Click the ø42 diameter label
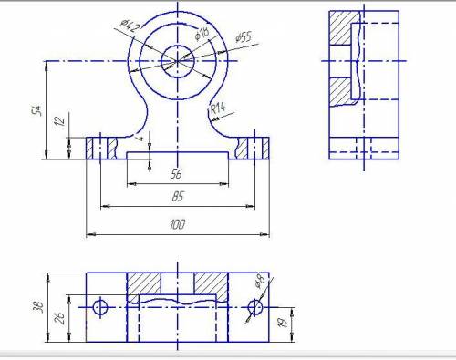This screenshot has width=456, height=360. click(130, 26)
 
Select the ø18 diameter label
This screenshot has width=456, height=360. click(202, 34)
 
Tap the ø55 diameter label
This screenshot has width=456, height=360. click(244, 37)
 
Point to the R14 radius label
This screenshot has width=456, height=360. click(218, 108)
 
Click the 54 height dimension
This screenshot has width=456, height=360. click(37, 110)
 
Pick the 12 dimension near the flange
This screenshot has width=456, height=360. click(60, 120)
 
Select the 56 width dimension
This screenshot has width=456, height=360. click(176, 174)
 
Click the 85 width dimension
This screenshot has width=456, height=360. click(178, 196)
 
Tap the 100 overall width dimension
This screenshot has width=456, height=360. click(177, 224)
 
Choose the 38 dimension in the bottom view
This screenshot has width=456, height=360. click(38, 307)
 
